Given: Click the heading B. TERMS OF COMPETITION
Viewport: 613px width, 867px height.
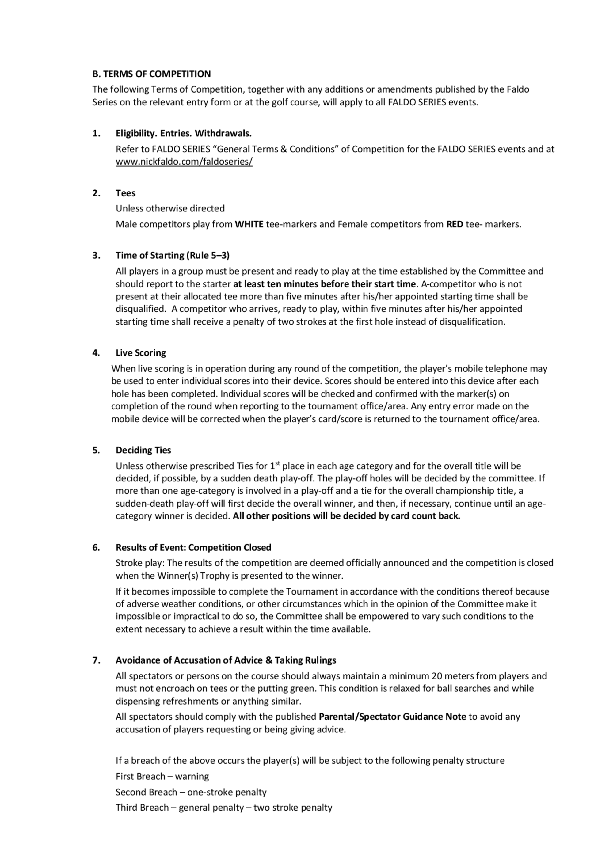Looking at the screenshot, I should pyautogui.click(x=151, y=74).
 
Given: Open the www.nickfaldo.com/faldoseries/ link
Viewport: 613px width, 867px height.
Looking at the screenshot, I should pyautogui.click(x=184, y=162).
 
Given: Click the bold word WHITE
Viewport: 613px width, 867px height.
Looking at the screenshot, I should pyautogui.click(x=249, y=224).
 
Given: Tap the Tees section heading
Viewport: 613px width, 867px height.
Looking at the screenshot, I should pyautogui.click(x=125, y=193).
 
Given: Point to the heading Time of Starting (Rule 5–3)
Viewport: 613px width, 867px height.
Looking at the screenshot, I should pyautogui.click(x=172, y=255).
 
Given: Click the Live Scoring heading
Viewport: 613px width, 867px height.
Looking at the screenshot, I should pyautogui.click(x=140, y=353).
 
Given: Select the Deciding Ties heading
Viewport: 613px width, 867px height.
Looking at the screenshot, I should pyautogui.click(x=143, y=450).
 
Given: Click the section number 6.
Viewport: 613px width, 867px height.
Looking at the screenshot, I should pyautogui.click(x=96, y=548).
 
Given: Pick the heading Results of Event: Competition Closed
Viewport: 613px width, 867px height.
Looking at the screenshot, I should pyautogui.click(x=193, y=548).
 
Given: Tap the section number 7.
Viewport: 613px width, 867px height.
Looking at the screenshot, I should pyautogui.click(x=96, y=660).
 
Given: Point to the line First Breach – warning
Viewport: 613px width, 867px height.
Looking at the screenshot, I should pyautogui.click(x=162, y=776).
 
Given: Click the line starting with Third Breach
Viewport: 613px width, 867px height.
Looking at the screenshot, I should pyautogui.click(x=224, y=807).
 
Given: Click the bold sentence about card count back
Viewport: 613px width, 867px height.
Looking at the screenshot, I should pyautogui.click(x=346, y=516).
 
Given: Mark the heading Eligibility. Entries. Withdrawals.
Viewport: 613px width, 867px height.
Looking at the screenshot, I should pyautogui.click(x=184, y=133).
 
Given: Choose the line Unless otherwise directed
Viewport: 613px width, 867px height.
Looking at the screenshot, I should pyautogui.click(x=170, y=208).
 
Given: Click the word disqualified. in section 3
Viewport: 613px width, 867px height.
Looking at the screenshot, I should pyautogui.click(x=140, y=309).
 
